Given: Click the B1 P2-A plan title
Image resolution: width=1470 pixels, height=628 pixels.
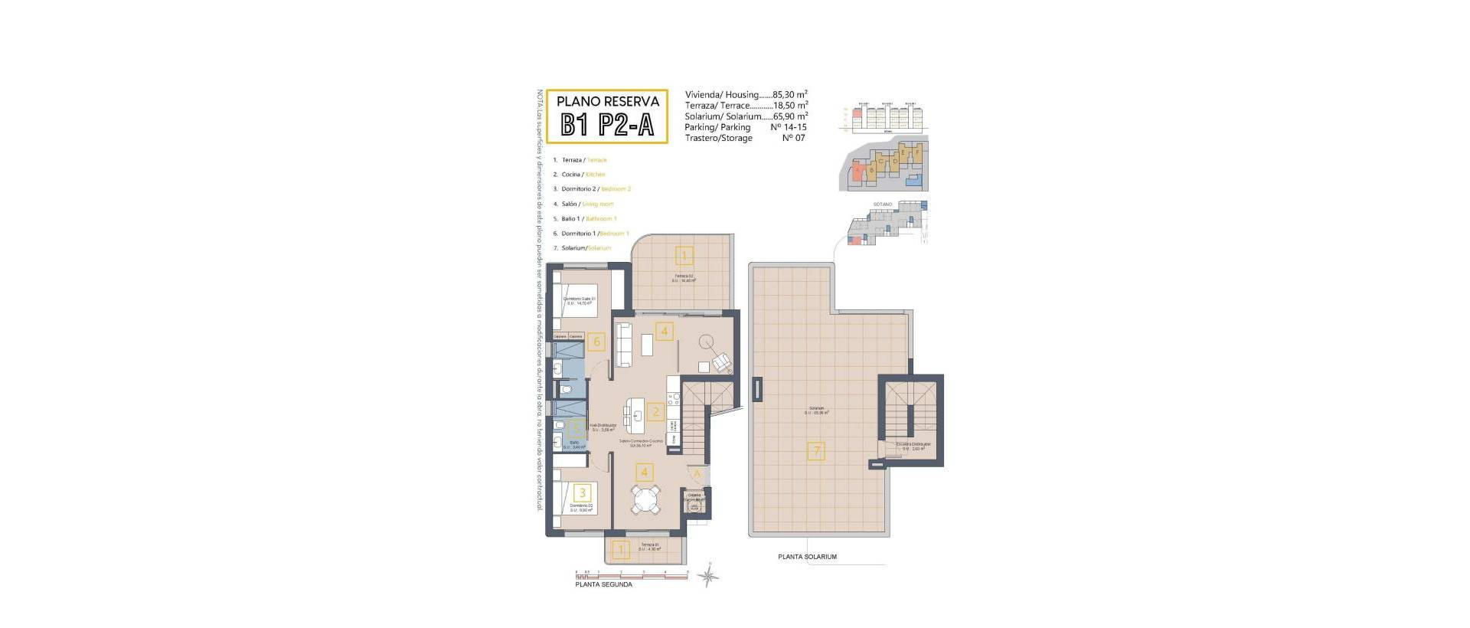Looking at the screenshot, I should pyautogui.click(x=607, y=125).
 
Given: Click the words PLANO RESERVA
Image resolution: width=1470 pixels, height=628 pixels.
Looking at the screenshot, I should pyautogui.click(x=607, y=101).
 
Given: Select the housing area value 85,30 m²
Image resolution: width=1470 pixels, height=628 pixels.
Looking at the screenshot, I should pyautogui.click(x=790, y=95).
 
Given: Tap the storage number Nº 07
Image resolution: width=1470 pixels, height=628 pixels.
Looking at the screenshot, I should pyautogui.click(x=793, y=138).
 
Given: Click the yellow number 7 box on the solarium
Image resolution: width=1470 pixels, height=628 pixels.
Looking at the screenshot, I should pyautogui.click(x=816, y=451).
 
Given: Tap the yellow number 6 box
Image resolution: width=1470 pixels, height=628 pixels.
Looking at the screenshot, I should pyautogui.click(x=597, y=342).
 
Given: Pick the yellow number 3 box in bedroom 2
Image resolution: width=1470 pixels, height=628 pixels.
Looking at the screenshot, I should pyautogui.click(x=583, y=494).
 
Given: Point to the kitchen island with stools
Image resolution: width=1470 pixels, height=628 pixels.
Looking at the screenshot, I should pyautogui.click(x=635, y=414).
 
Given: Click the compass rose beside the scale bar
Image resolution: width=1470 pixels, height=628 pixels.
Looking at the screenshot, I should pyautogui.click(x=710, y=575).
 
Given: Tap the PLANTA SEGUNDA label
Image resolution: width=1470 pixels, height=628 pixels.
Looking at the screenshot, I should pyautogui.click(x=604, y=584).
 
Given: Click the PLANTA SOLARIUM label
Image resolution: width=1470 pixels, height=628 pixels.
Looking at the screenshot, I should pyautogui.click(x=807, y=557).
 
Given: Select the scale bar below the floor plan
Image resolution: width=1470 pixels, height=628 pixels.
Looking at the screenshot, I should pyautogui.click(x=632, y=574).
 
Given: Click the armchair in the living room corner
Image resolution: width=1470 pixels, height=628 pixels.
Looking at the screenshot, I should pyautogui.click(x=722, y=363).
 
